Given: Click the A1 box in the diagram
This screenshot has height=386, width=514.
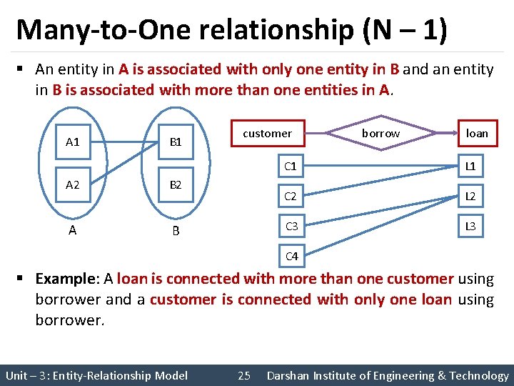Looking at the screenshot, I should coord(72,142).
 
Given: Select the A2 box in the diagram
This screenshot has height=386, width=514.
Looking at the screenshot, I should coord(72,184).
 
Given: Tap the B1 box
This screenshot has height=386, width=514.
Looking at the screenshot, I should coord(176,142).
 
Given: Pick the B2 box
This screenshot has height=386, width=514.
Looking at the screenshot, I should coord(176,184).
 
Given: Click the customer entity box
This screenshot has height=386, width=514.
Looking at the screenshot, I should coord(267,134).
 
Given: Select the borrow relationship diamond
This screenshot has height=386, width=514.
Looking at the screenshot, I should coord(381,134).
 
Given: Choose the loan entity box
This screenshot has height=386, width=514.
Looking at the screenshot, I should coord(477,134).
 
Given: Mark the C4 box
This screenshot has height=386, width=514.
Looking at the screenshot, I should coord(291,256).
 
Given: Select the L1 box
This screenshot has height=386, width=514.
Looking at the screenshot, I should coord(471,167).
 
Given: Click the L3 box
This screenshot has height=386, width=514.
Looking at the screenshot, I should coord(471,227).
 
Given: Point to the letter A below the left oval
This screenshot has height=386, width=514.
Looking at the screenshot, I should coord(72,230).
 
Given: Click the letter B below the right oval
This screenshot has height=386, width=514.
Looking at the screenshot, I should coord(176,231).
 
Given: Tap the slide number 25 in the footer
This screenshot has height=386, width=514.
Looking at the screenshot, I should coord(244,375).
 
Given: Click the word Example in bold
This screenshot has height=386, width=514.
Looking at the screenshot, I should coord(65,279).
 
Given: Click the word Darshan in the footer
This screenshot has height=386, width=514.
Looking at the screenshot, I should coord(290,375).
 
